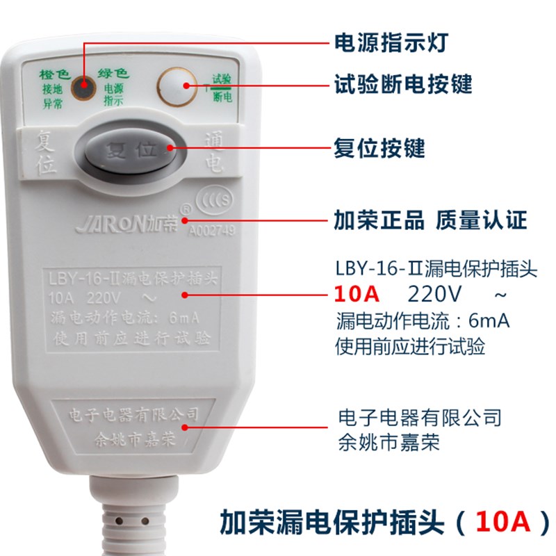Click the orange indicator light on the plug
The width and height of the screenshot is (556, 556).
click(x=84, y=88)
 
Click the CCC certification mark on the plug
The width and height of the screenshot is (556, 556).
click(x=215, y=198)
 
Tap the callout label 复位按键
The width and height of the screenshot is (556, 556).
click(x=379, y=148)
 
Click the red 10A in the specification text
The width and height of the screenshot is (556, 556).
click(x=357, y=295)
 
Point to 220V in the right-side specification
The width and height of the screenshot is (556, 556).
click(x=434, y=295)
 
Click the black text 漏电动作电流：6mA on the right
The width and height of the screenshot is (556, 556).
click(x=423, y=322)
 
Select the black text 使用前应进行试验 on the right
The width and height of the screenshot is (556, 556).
click(x=410, y=345)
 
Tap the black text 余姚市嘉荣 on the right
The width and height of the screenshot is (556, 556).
click(x=389, y=442)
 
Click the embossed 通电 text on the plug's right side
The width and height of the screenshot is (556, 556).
click(x=214, y=154)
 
